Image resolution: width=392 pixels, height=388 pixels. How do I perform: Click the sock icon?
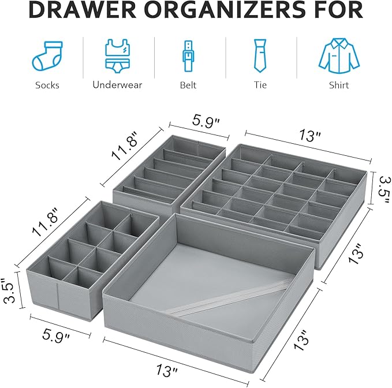point(47,56)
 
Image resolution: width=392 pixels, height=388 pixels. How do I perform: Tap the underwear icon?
point(118,56)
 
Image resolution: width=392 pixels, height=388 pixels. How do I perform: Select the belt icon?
point(188,57)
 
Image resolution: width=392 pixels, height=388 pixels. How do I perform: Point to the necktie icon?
point(260,56)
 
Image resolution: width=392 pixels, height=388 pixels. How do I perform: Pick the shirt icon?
point(339,56)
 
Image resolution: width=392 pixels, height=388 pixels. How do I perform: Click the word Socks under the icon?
point(47,85)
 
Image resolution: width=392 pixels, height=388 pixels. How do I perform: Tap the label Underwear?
point(117,85)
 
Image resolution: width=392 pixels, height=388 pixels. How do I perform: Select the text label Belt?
point(188,85)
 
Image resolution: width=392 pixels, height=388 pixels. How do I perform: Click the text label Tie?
point(260,85)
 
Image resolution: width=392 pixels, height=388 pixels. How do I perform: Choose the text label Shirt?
point(339,85)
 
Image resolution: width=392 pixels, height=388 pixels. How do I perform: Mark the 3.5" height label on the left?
point(9,290)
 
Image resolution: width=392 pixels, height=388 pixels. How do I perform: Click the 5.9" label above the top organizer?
point(206,121)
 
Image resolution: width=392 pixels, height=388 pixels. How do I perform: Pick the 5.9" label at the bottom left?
point(56,335)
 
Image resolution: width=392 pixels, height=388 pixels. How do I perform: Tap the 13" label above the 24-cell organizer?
point(310,135)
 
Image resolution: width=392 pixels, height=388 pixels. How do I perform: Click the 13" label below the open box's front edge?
point(167,370)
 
